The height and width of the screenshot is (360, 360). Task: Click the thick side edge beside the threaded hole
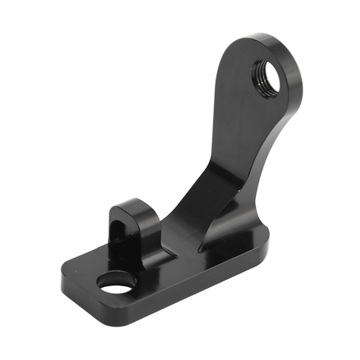[x=295, y=84]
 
